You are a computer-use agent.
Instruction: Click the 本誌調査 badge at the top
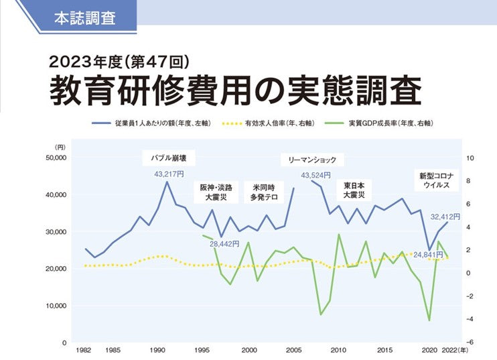(84, 17)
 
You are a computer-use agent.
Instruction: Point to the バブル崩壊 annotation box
(169, 159)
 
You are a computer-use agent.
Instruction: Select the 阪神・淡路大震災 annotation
(215, 192)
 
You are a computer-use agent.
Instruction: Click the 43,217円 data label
(169, 174)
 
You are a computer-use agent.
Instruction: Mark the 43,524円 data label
(315, 176)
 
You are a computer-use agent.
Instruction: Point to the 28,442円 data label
(224, 243)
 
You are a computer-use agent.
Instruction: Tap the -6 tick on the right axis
(470, 343)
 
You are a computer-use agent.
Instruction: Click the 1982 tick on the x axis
(84, 351)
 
